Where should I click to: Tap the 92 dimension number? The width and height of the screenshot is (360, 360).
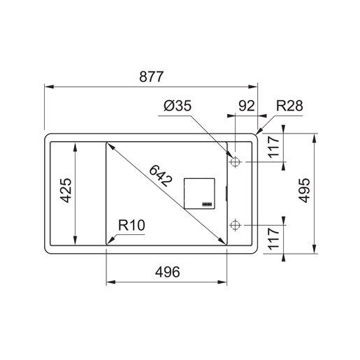(247, 106)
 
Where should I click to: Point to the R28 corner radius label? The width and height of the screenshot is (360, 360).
(289, 106)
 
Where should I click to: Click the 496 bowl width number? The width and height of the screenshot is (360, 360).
(166, 272)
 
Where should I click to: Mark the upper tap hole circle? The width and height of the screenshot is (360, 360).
(235, 162)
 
